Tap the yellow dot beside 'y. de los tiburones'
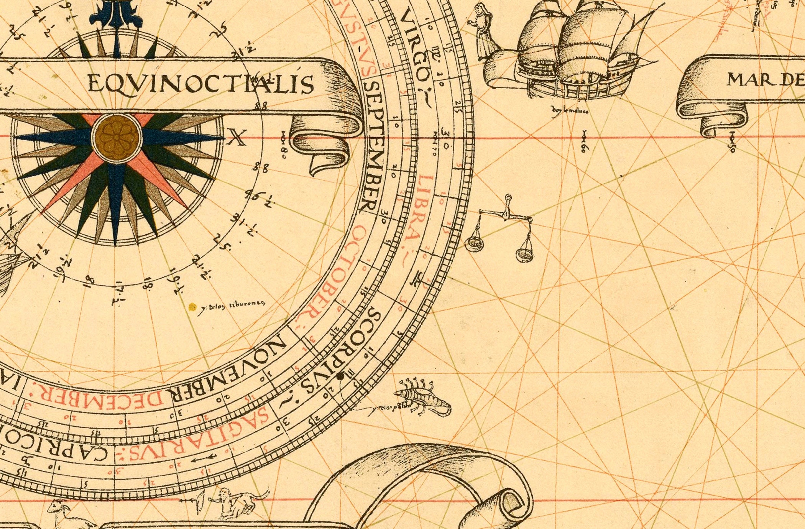193,307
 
